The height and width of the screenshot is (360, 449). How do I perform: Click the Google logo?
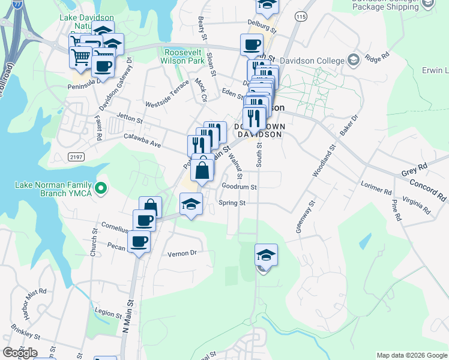point(20,353)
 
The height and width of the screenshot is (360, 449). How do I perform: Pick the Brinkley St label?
point(25,331)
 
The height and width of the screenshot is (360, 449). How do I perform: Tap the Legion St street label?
point(108,313)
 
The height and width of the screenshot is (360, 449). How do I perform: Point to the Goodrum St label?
point(239,187)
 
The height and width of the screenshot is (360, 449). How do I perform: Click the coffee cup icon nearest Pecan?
point(139,242)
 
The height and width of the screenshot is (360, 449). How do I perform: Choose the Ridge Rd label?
point(377,58)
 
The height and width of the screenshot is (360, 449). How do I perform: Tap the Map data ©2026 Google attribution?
point(412,355)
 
